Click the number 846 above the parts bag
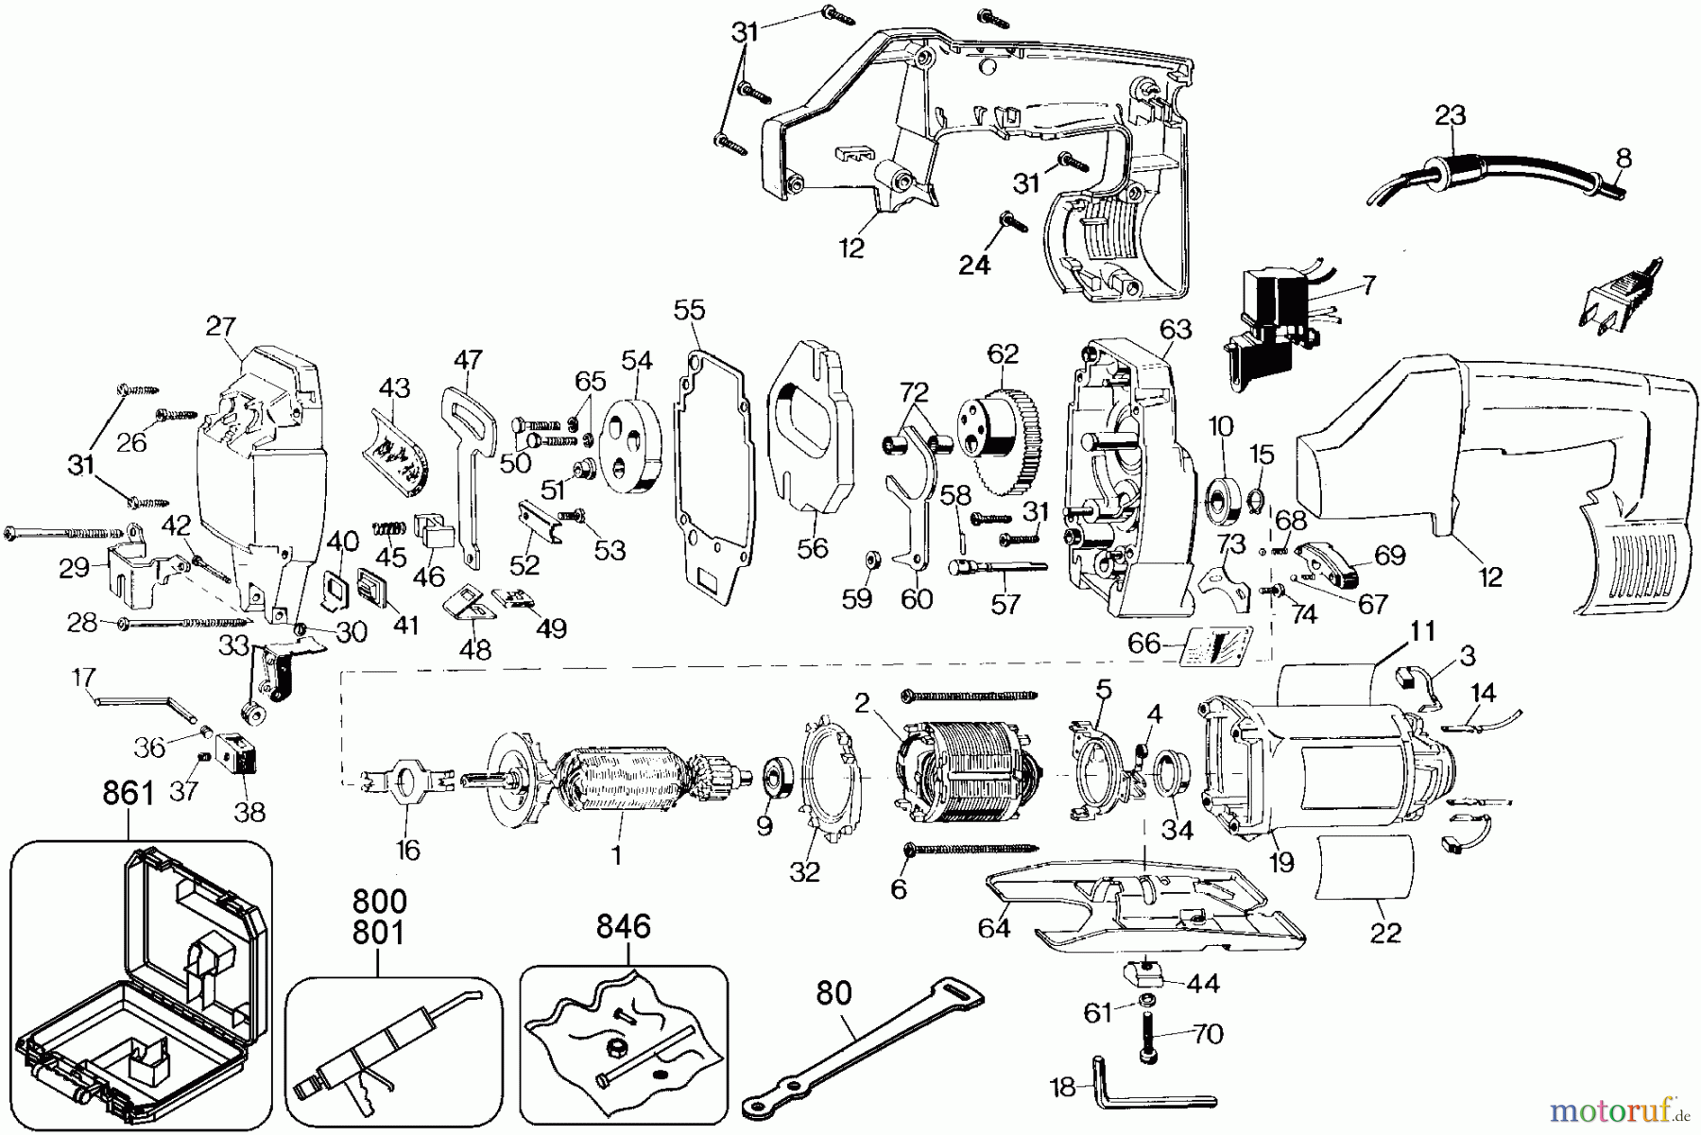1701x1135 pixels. pyautogui.click(x=624, y=926)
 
